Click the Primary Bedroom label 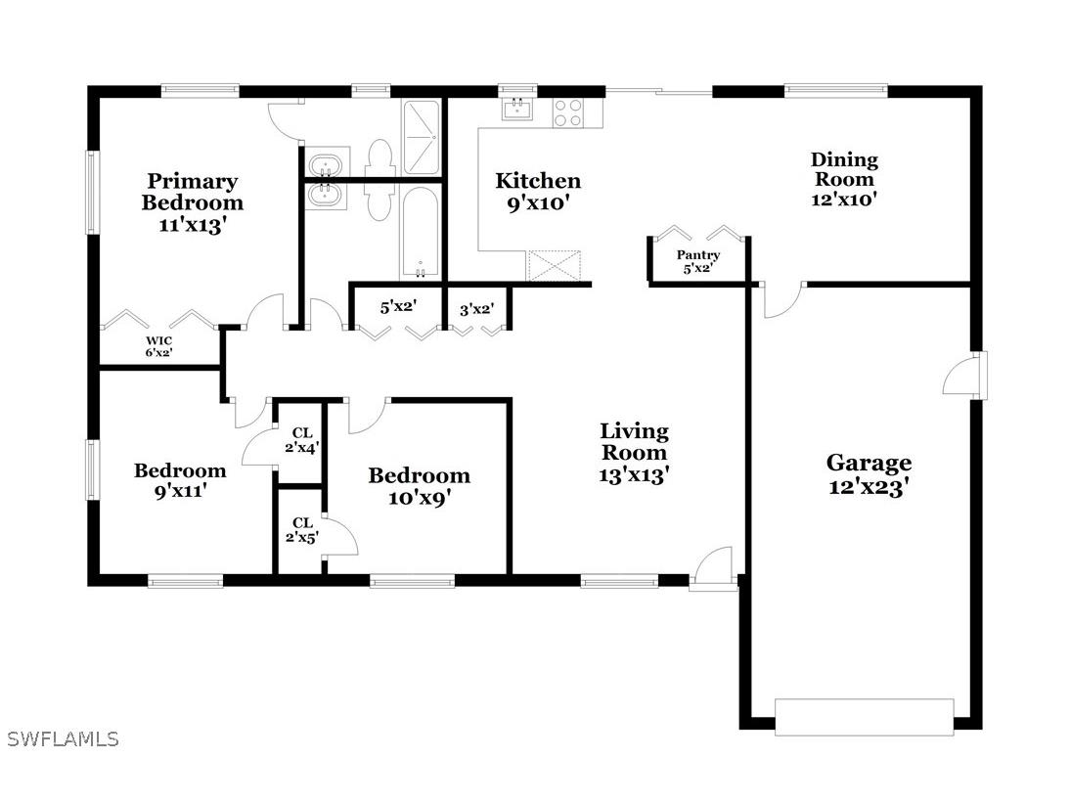[192, 202]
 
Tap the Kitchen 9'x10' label [537, 192]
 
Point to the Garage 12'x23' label [869, 474]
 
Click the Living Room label [634, 452]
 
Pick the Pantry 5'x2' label [698, 261]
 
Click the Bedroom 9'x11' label [180, 480]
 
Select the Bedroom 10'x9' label [419, 486]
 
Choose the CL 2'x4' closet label [302, 440]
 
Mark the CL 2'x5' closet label [302, 530]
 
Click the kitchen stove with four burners [568, 112]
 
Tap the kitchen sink [516, 108]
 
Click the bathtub [421, 233]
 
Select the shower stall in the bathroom [422, 136]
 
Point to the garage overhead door [864, 716]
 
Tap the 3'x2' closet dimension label [476, 309]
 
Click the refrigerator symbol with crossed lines [555, 266]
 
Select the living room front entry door [714, 570]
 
